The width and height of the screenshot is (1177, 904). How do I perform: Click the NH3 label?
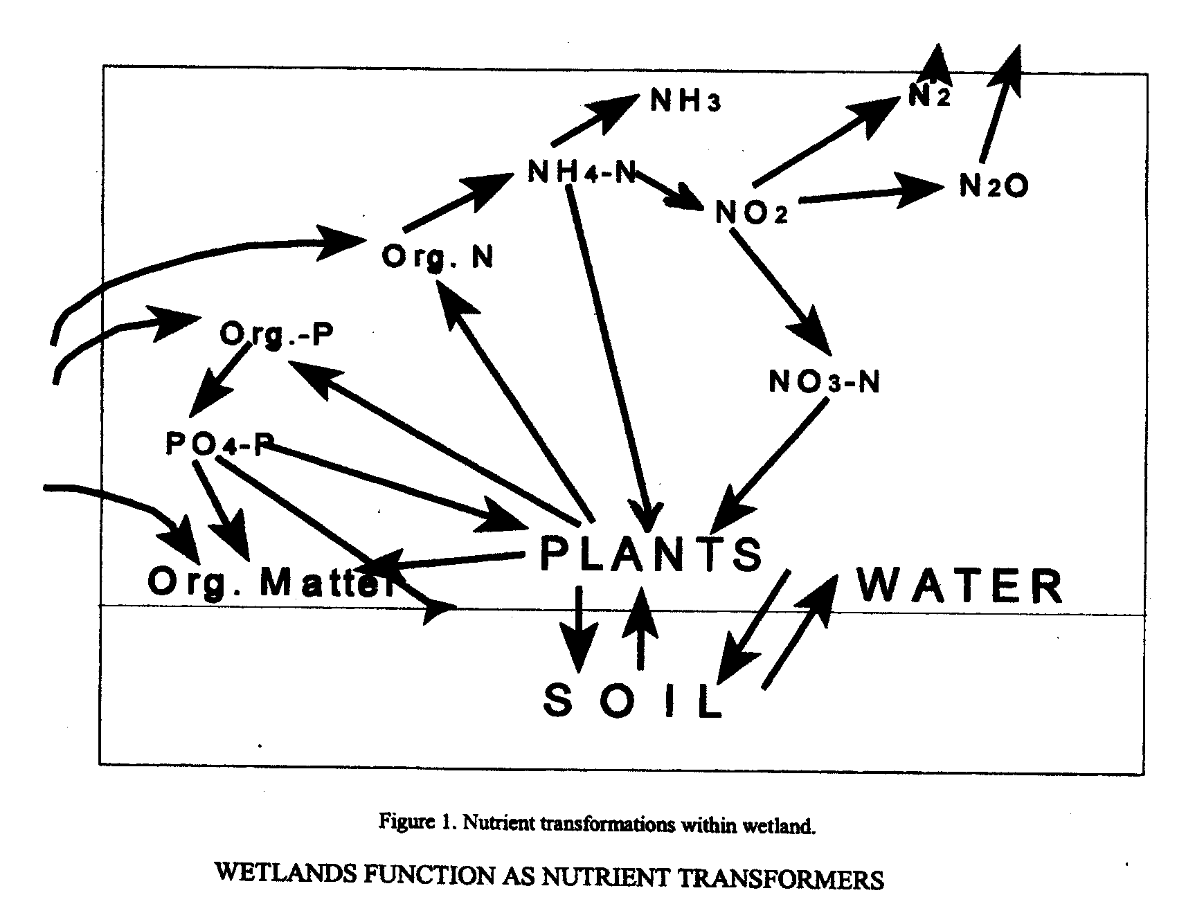(685, 102)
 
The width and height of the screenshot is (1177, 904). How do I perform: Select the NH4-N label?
(581, 172)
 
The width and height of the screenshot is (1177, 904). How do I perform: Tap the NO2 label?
(751, 213)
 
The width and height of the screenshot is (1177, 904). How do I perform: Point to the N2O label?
(994, 186)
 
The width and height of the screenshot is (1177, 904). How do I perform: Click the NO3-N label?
(825, 381)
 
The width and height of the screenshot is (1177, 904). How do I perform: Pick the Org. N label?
(438, 257)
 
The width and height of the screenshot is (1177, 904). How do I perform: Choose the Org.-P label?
(276, 334)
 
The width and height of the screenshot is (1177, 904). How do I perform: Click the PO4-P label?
(215, 443)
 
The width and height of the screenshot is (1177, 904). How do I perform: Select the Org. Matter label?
(270, 583)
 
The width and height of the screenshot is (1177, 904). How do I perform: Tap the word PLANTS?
(650, 554)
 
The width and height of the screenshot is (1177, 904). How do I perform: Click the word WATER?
(960, 586)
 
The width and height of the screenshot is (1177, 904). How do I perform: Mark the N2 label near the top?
(929, 97)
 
